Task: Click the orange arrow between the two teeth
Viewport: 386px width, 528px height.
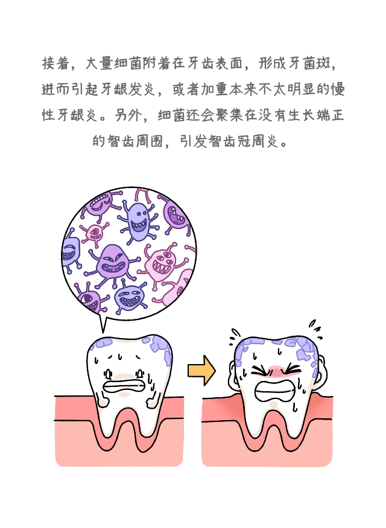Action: coord(201,371)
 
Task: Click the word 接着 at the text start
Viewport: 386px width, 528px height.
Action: coord(56,63)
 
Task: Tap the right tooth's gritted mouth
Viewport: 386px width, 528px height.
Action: coord(274,391)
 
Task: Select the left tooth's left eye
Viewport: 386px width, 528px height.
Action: coord(108,374)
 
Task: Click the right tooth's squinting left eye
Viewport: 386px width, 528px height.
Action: coord(259,371)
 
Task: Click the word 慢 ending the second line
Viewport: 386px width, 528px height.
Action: coord(338,89)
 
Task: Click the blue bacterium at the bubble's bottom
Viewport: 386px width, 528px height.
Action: coord(130,298)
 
